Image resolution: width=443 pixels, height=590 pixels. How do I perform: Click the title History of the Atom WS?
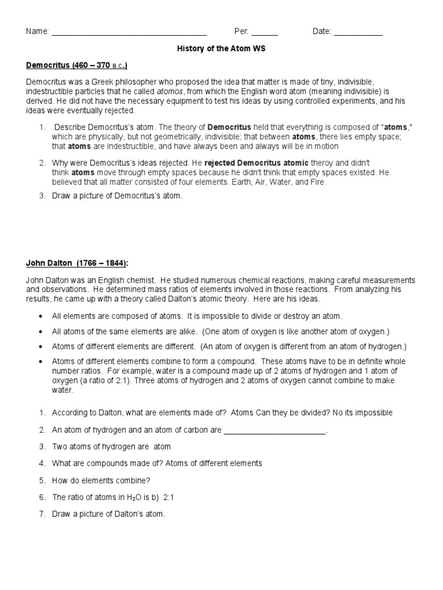coord(221,49)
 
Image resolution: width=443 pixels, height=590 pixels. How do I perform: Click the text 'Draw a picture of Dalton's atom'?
coord(108,514)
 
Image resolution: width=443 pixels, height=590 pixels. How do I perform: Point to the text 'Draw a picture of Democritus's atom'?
coord(117,196)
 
